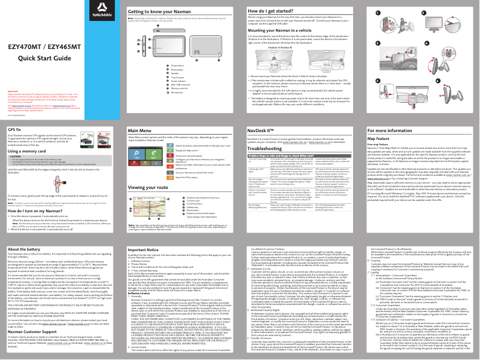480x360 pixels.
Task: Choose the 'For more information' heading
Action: (x=390, y=129)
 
